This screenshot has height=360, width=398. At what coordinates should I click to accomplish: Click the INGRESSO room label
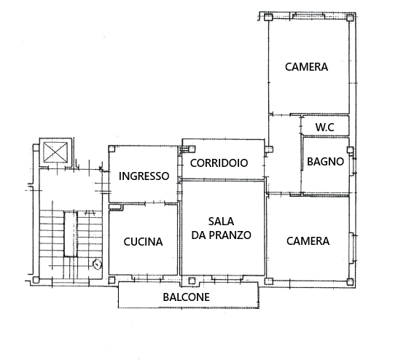coord(144,176)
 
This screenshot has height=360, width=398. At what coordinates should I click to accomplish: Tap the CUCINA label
coord(143,242)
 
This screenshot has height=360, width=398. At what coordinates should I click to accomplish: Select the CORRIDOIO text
coord(219,163)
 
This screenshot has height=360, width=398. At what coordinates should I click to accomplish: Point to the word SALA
coord(221,222)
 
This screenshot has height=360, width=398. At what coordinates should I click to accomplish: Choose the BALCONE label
coord(187,297)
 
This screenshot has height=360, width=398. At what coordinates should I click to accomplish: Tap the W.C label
coord(324,127)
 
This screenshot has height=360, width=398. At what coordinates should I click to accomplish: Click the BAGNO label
coord(325,161)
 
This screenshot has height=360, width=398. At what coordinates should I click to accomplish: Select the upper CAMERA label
coord(306,67)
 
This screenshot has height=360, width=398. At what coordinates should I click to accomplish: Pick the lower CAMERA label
coord(308,241)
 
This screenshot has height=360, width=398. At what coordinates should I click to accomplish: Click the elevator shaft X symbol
coord(55,152)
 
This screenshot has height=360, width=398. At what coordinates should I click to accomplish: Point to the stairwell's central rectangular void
coord(71,234)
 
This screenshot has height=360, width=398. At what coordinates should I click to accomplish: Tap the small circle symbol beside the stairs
coord(97,265)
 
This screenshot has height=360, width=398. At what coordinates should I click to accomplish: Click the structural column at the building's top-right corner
coord(350,17)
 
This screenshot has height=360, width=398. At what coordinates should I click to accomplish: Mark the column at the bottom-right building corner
coord(350,281)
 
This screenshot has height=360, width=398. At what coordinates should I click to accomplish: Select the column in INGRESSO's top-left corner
coord(112,149)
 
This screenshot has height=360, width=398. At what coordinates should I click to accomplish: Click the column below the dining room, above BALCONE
coord(192,281)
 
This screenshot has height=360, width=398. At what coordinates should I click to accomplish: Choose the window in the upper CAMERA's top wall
coord(308,16)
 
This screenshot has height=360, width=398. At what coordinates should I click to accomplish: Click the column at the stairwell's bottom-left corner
coord(36,280)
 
